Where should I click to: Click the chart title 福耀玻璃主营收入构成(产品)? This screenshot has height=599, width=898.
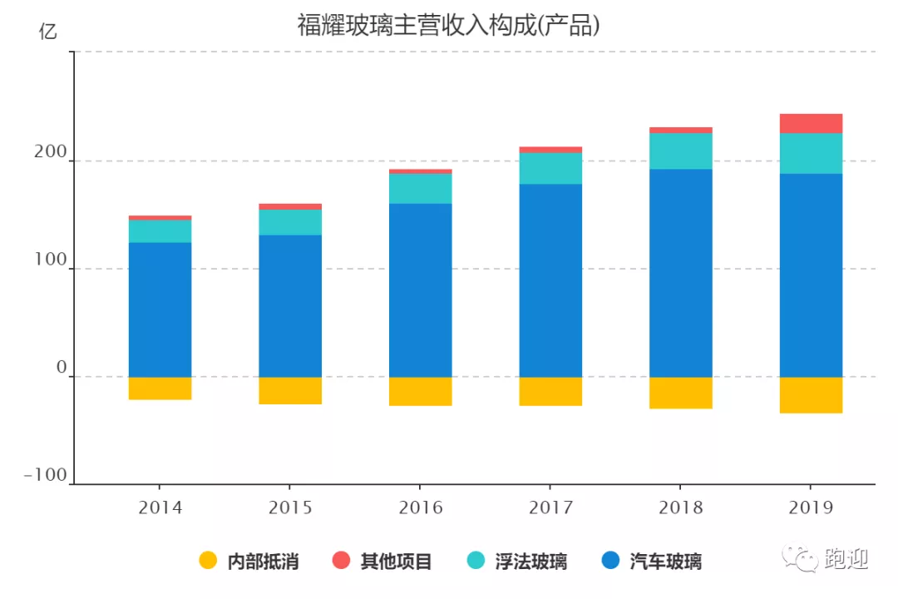[448, 25]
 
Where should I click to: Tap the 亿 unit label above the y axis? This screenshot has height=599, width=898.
[48, 32]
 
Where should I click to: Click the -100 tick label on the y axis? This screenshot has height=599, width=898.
[45, 475]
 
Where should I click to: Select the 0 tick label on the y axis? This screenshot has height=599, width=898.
[61, 368]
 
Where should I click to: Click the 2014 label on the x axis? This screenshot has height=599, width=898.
[160, 507]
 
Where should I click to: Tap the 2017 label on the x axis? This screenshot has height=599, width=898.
[550, 507]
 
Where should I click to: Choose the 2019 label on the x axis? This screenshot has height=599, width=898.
[811, 507]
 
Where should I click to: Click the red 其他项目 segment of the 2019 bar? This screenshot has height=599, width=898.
[811, 123]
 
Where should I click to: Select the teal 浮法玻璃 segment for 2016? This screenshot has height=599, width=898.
[420, 188]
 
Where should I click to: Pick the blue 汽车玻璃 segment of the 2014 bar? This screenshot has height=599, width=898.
[160, 309]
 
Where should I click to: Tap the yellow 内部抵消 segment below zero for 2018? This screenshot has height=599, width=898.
[680, 393]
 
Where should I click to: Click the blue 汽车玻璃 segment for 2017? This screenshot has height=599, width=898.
[550, 280]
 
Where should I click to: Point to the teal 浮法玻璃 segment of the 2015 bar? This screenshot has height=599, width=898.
[289, 222]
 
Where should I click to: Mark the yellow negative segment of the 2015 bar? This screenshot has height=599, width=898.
[289, 391]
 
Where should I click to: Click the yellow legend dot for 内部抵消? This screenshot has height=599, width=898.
[208, 561]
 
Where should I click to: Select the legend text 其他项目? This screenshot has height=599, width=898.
[396, 562]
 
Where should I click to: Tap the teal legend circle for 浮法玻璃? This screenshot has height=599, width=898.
[475, 561]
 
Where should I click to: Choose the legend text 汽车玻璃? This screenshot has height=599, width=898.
[665, 562]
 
